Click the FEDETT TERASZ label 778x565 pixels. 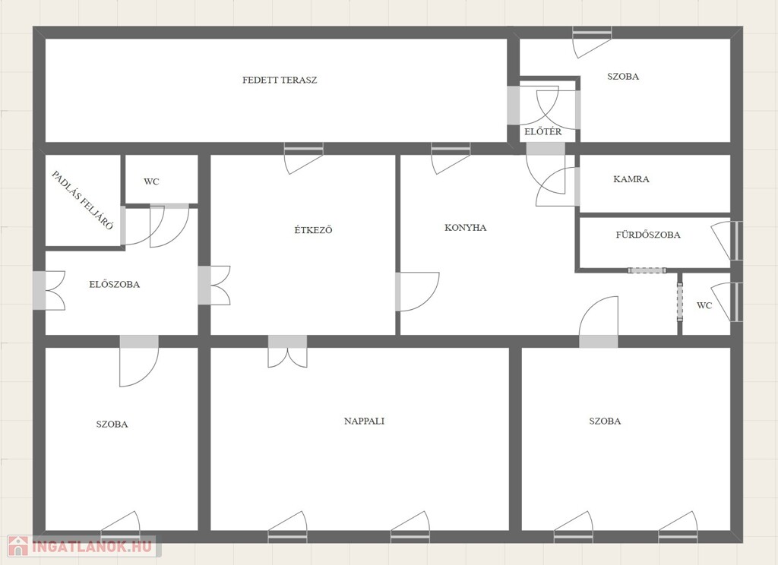point(280,80)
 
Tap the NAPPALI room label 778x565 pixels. point(364,421)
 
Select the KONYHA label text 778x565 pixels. point(466,228)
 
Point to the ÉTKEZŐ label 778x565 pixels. point(313,229)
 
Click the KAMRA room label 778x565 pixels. point(631,179)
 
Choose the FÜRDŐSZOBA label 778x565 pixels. point(648,235)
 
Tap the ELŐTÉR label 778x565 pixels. point(543,131)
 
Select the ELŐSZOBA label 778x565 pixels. point(115,284)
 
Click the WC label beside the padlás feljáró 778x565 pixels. point(151,181)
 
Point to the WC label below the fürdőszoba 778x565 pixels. point(704,305)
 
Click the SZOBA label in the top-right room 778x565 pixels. point(623,77)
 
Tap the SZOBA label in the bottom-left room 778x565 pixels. point(112,424)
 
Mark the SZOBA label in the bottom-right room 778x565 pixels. point(605,421)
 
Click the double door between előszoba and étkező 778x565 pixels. point(213,286)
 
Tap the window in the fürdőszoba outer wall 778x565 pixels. point(736,241)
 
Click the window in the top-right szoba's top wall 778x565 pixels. point(592,33)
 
